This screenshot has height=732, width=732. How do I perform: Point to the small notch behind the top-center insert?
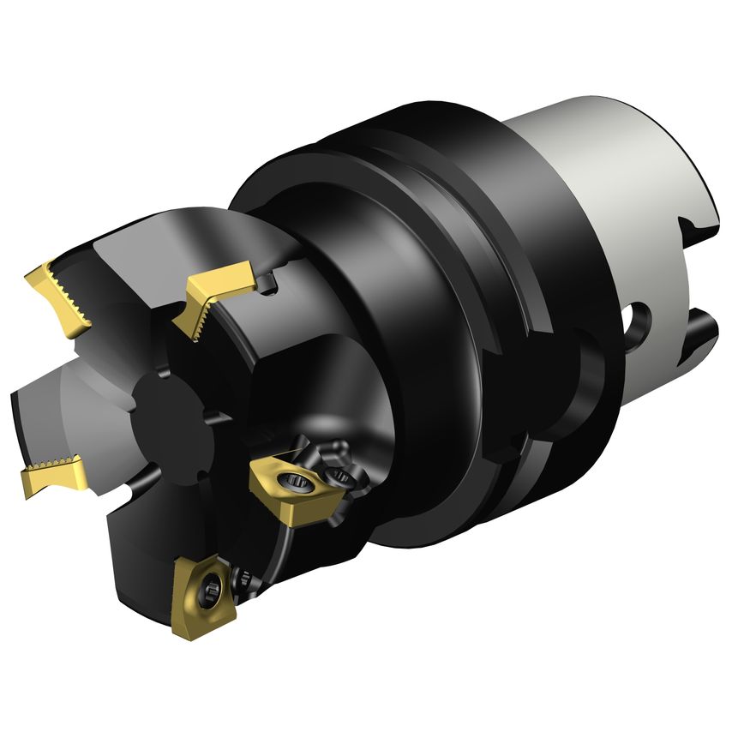pyautogui.click(x=270, y=281)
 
